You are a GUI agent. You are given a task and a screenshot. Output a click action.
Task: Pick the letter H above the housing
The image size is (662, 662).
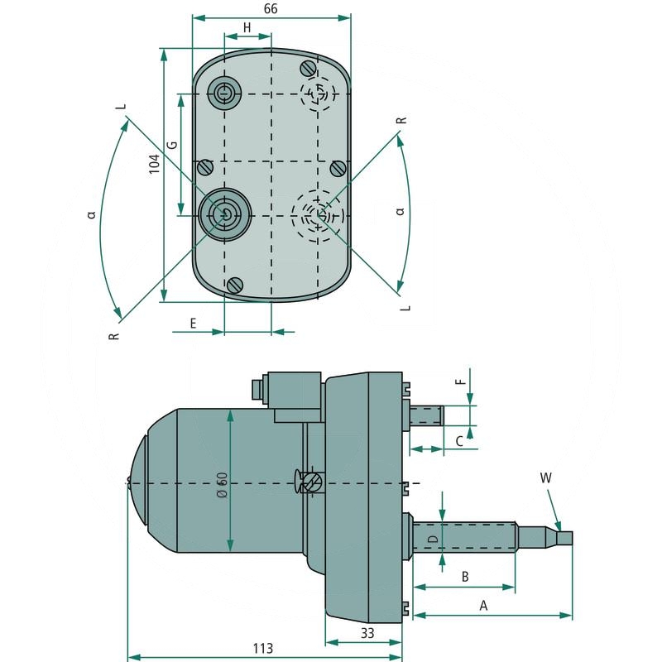pos(247,28)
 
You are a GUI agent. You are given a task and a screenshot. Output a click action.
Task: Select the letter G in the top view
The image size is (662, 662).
pos(172,144)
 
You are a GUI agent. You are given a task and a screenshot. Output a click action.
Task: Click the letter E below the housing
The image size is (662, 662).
pos(193,323)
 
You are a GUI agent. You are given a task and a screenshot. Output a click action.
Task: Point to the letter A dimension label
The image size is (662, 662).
pos(484,606)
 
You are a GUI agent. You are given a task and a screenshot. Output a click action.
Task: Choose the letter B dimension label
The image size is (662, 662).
pos(465,575)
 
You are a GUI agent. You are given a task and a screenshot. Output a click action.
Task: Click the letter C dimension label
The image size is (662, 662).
pos(459,441)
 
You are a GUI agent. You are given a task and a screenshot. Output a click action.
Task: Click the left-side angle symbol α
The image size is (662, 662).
pos(92,214)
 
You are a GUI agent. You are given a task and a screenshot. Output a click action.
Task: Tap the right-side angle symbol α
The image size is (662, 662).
pos(401,212)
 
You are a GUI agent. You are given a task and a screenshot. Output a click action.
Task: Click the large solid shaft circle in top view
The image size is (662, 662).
pos(223,214)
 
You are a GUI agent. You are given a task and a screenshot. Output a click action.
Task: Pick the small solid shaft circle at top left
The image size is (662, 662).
pos(224,94)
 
